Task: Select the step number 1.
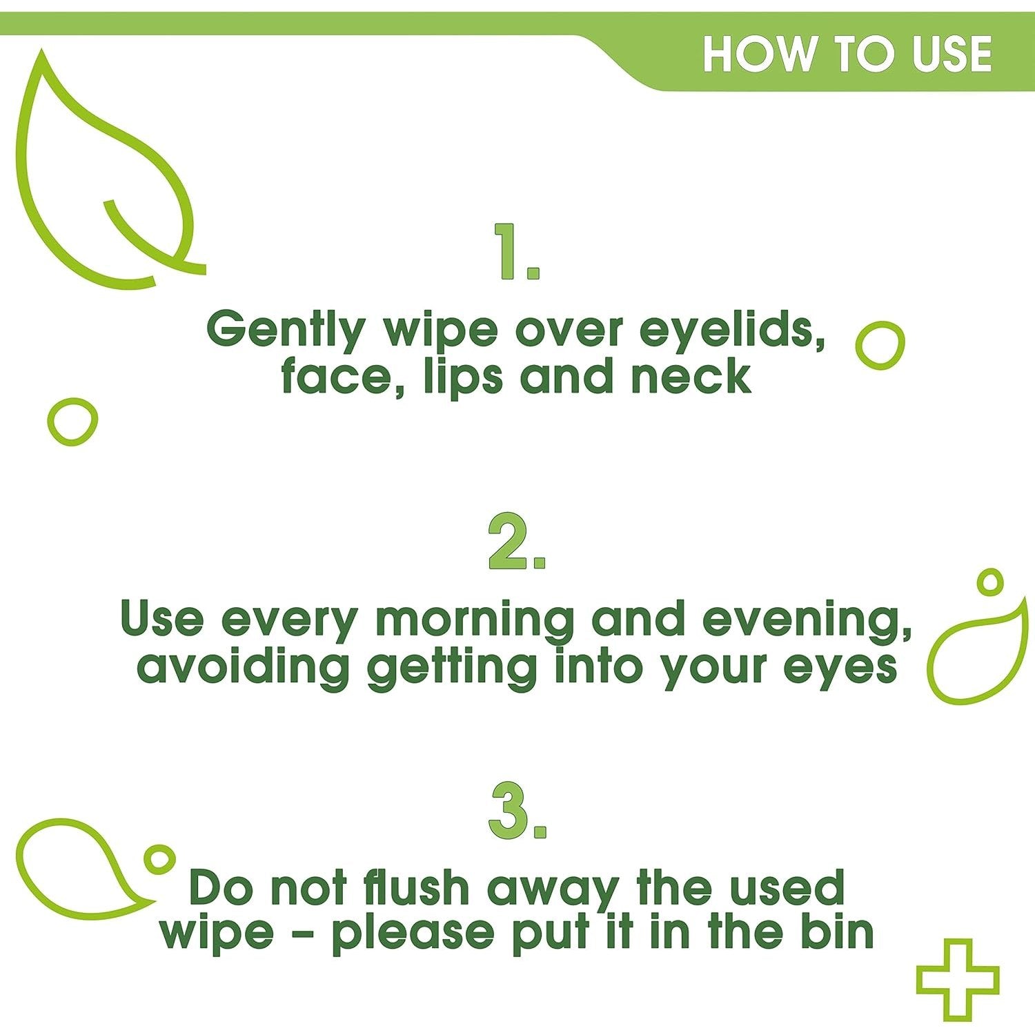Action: (516, 252)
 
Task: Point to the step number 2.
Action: (516, 542)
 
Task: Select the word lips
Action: (464, 378)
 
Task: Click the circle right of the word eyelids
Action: (880, 345)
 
